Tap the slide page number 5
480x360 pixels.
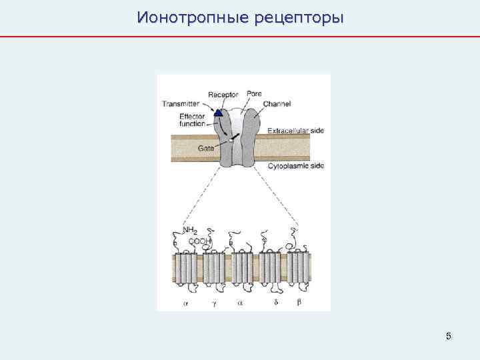(x=449, y=336)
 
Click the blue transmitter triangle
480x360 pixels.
(x=218, y=113)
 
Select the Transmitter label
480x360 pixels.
(x=180, y=103)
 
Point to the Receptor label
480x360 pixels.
(x=223, y=95)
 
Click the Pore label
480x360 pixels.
(x=254, y=93)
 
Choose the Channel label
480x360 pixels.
(x=277, y=103)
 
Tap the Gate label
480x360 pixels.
(x=206, y=148)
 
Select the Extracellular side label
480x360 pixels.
(x=295, y=131)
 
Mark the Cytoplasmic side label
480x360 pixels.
(x=295, y=165)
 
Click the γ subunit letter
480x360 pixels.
(x=214, y=301)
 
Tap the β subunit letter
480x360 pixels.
(x=299, y=301)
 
